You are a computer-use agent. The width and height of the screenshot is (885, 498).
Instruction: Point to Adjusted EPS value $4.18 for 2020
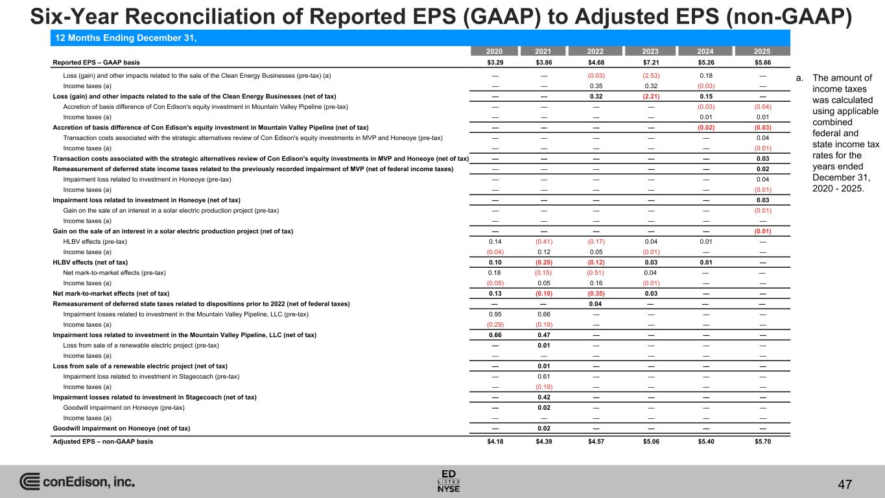coord(495,442)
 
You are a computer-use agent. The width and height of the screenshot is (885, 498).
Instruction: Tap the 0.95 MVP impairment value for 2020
coord(495,314)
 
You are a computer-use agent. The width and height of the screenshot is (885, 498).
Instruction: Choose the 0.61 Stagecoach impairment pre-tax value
coord(545,376)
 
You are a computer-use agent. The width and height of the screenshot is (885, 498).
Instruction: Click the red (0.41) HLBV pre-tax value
coord(545,241)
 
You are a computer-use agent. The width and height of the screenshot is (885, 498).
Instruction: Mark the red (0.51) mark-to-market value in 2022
coord(596,272)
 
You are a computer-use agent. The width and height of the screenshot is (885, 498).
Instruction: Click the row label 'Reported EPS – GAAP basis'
coord(96,63)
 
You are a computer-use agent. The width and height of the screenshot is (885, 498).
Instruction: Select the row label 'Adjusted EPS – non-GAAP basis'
coord(103,442)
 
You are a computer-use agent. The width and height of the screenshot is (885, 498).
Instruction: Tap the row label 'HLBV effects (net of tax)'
coord(90,262)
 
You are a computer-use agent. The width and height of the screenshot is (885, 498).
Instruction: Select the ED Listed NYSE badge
coord(449,480)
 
